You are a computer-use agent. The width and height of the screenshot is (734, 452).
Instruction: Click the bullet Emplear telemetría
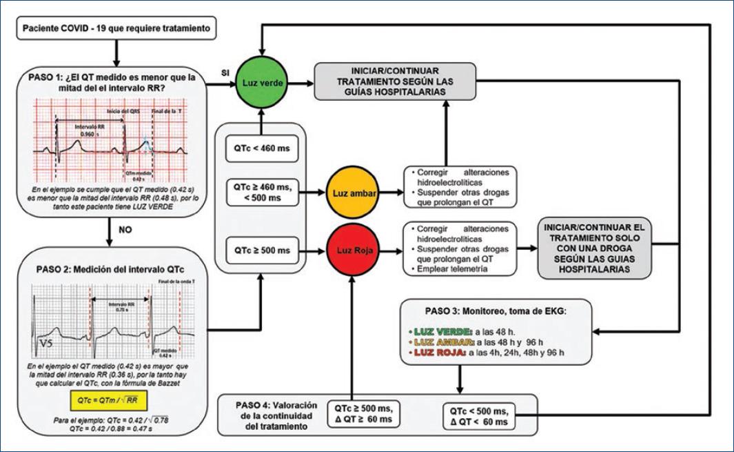452,270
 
